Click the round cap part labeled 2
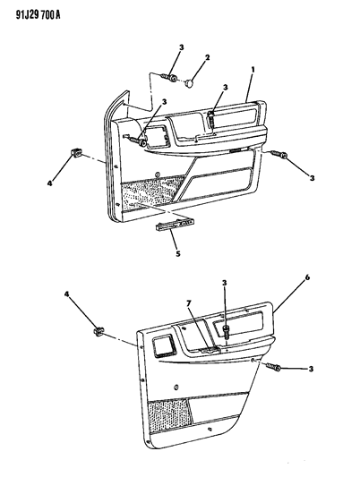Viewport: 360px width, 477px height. [191, 83]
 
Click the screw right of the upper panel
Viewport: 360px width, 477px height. [281, 156]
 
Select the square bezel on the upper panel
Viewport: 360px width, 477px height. [153, 137]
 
